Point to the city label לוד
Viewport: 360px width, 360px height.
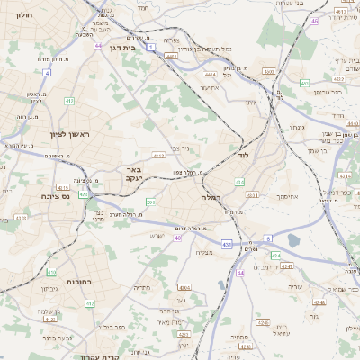(243, 155)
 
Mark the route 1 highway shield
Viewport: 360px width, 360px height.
(152, 46)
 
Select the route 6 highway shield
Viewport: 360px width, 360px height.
(267, 238)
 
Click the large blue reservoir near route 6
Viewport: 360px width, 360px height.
(294, 241)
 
